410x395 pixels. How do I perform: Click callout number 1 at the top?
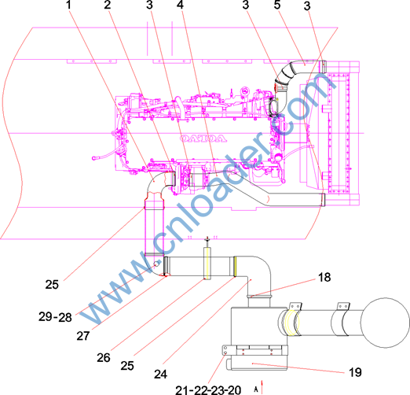point(68,5)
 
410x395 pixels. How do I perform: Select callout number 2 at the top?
point(108,5)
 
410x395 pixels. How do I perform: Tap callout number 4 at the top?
point(180,5)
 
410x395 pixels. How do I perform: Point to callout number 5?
point(277,5)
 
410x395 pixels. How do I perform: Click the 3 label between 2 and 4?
point(149,5)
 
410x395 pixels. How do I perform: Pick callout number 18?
point(324,277)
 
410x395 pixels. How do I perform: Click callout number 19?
point(355,372)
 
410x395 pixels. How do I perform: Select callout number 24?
point(160,375)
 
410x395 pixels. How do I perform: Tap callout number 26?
point(104,358)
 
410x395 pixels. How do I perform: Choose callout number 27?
point(83,336)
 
